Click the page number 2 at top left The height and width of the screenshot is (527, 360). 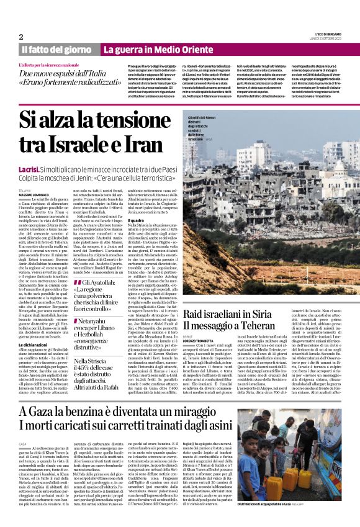tap(21, 37)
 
